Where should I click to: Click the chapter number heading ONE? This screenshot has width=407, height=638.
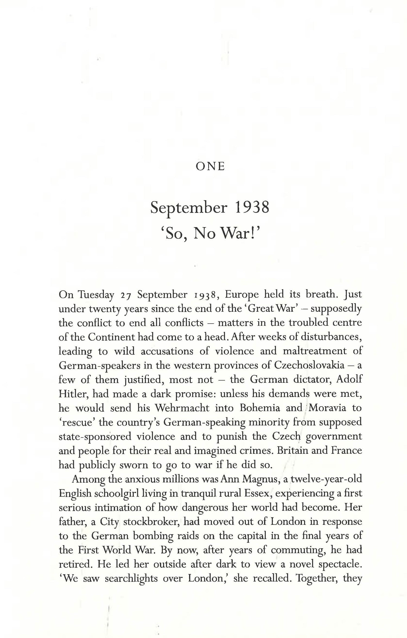pos(210,166)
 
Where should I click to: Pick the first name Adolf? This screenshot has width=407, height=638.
pos(349,379)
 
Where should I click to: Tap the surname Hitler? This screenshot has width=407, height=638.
pos(72,393)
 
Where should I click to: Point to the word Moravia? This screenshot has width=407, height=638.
pos(327,407)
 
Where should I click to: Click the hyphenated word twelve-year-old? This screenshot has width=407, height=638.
pos(326,479)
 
